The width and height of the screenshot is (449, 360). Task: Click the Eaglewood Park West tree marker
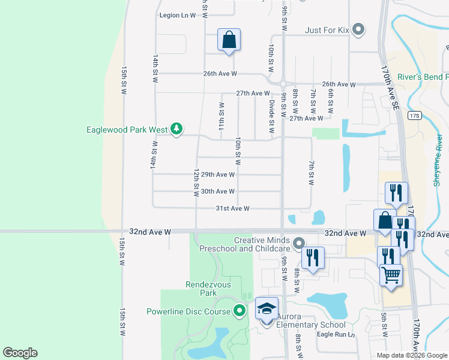point(176,128)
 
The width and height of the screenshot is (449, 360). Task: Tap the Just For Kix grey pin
point(359,29)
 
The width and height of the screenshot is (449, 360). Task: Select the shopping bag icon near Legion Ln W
point(229,40)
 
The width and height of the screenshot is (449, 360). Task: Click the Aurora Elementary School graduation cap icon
point(267,309)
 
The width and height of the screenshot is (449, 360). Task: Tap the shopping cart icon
point(391,275)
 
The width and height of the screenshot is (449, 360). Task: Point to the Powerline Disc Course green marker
point(240,311)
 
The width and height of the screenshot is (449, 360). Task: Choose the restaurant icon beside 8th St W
point(313,258)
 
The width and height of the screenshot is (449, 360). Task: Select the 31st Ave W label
point(233,208)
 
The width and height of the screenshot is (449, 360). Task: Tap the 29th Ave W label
point(217,175)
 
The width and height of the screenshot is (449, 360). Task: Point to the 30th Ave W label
point(217,191)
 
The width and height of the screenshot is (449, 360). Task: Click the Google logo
point(20,353)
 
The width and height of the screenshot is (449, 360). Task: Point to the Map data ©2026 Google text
point(411,355)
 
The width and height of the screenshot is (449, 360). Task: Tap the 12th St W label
point(196,182)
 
